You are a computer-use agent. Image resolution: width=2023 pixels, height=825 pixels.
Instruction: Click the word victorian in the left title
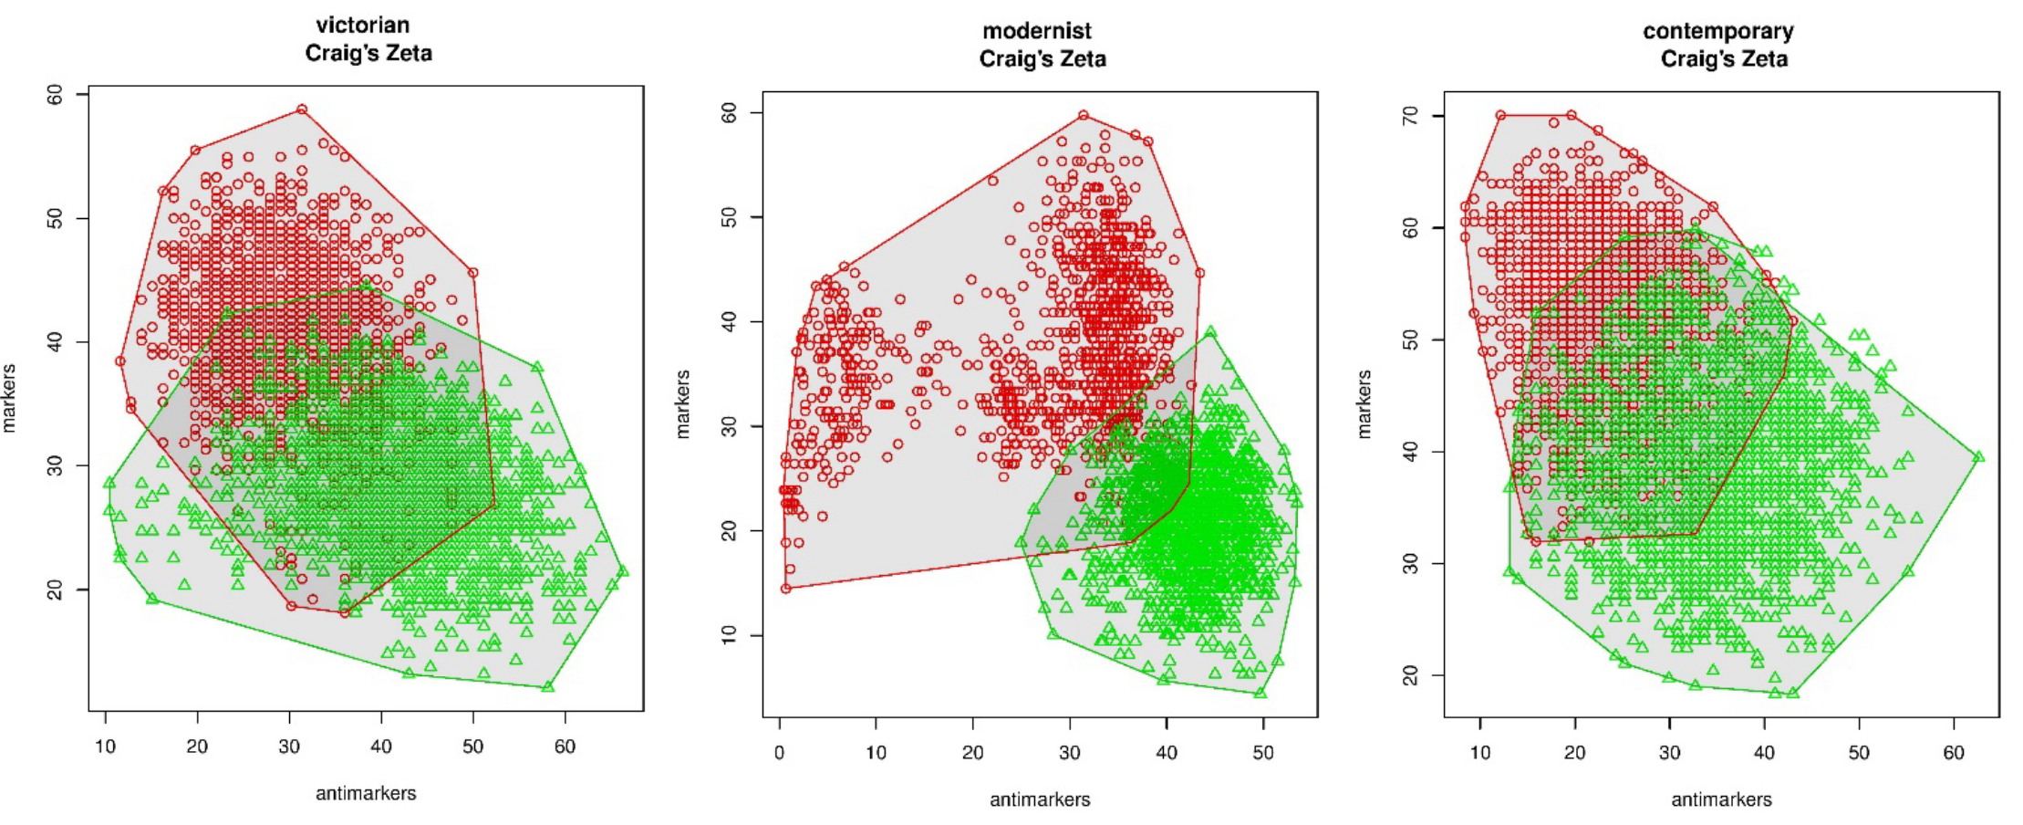(x=362, y=26)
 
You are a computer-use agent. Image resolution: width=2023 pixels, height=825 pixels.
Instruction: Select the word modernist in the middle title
(x=1036, y=31)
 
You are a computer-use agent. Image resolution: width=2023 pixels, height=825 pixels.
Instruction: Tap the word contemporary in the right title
(x=1717, y=31)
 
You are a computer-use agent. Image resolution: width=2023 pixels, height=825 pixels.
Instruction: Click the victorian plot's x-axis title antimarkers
(x=366, y=793)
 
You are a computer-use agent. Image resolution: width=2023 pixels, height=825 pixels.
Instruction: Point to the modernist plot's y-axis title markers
(x=682, y=404)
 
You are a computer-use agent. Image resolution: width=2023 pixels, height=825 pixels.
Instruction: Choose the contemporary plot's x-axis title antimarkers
(x=1721, y=799)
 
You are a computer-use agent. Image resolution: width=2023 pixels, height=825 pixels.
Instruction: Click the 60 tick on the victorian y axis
(x=56, y=95)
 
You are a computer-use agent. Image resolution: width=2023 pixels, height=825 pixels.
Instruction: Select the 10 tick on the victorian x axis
(x=106, y=747)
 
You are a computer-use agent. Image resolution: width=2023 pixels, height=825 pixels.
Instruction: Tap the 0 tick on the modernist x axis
(x=780, y=753)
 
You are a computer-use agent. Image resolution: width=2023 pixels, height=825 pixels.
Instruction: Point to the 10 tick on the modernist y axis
(x=729, y=635)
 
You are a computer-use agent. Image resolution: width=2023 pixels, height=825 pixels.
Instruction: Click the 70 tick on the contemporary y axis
(x=1410, y=116)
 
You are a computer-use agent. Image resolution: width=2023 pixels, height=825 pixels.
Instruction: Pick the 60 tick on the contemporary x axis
(x=1954, y=753)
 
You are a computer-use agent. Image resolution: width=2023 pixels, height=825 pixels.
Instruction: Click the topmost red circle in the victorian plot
(x=302, y=110)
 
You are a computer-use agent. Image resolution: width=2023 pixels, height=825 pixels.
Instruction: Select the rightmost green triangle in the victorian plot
(x=623, y=571)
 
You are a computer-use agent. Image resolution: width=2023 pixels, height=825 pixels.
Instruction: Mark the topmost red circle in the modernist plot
(x=1084, y=116)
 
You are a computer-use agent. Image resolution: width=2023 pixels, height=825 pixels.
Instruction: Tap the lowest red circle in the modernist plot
(x=785, y=589)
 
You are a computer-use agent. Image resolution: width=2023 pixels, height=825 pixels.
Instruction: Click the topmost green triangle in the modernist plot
(x=1211, y=333)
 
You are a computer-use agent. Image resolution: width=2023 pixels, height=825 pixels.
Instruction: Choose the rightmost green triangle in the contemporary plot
(x=1978, y=456)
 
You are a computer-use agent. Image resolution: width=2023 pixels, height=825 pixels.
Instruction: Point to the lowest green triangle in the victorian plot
(x=548, y=686)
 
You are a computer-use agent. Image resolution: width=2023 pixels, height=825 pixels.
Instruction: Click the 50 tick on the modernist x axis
(x=1263, y=753)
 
